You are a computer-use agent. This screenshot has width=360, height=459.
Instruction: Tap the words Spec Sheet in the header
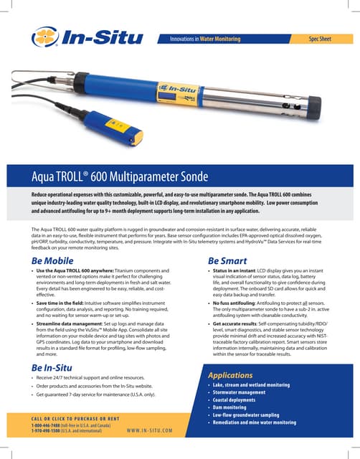click(322, 37)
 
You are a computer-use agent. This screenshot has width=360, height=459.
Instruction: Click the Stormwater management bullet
click(244, 392)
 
